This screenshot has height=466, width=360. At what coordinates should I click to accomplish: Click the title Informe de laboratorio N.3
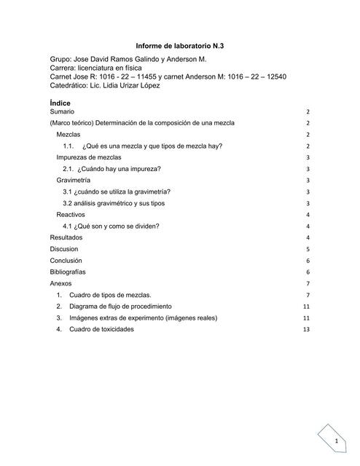(x=179, y=46)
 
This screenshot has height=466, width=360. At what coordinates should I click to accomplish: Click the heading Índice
(x=60, y=103)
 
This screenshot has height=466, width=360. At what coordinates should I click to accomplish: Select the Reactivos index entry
(x=71, y=215)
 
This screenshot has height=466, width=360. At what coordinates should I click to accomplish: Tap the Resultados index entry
(x=66, y=237)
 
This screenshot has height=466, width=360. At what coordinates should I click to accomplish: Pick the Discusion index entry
(x=64, y=249)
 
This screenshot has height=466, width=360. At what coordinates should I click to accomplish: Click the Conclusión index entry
(x=66, y=260)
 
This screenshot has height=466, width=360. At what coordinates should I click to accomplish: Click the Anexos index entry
(x=61, y=283)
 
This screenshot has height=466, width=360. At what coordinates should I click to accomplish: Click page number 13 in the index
(x=307, y=330)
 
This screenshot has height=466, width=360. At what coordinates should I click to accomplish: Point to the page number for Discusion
(x=308, y=249)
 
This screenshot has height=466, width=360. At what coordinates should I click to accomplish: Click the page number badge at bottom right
(x=337, y=442)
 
